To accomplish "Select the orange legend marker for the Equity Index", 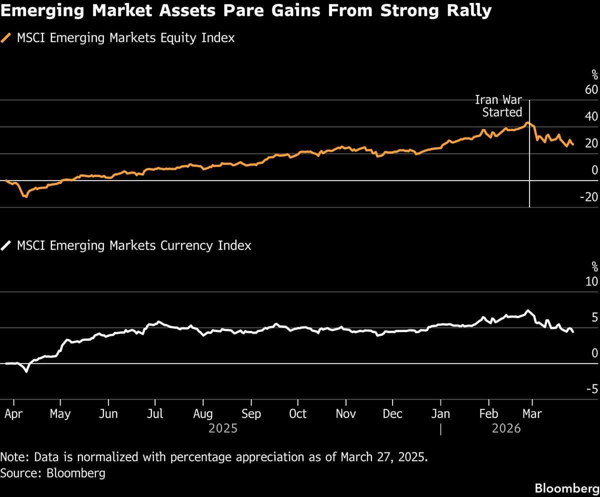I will click(7, 38).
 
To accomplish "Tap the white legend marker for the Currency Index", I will click(7, 245).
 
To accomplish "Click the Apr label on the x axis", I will click(13, 414).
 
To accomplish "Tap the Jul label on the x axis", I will click(155, 414).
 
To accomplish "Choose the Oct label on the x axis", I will click(298, 414).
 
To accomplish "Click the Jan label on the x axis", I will click(440, 414).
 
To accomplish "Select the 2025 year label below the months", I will click(223, 428).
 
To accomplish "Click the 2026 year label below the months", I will click(506, 428).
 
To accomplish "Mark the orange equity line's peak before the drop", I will click(527, 122).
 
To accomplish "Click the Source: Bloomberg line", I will click(53, 473).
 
